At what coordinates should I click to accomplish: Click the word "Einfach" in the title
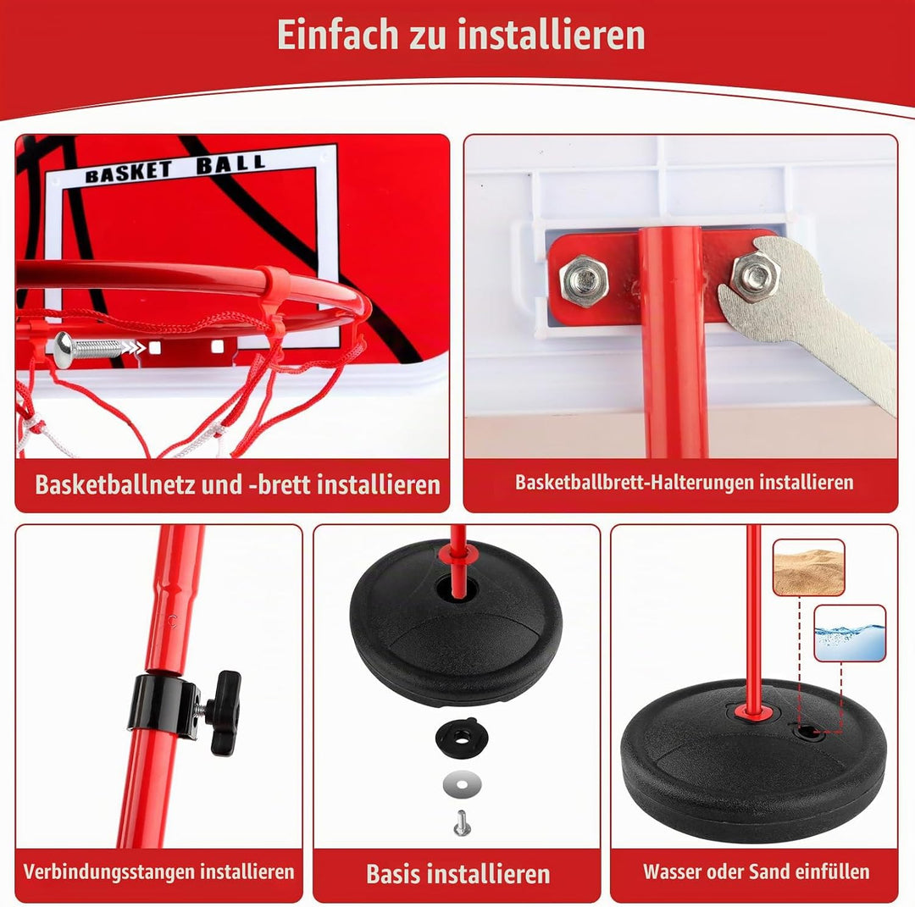point(338,35)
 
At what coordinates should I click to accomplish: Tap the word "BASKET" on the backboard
point(129,172)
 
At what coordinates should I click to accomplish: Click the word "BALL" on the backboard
point(231,164)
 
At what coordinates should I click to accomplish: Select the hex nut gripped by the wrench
point(756,274)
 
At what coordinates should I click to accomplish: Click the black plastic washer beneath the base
point(461,738)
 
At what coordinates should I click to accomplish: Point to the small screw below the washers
point(462,821)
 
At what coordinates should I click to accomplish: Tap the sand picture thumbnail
point(808,567)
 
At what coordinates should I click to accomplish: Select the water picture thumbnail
point(850,633)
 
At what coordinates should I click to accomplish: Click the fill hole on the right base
point(807,731)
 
